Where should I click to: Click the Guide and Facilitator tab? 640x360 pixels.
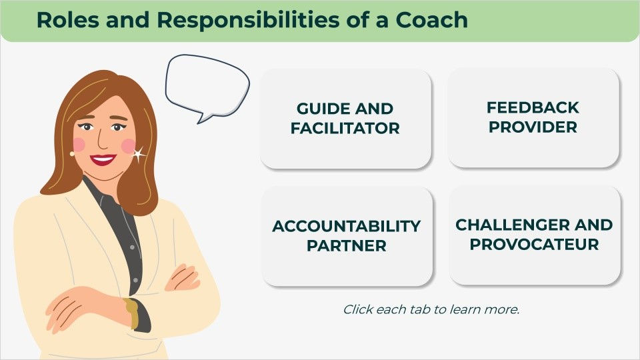click(345, 119)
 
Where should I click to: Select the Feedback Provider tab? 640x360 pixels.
click(533, 117)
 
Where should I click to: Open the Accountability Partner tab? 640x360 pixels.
click(347, 236)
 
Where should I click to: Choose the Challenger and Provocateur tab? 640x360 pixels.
click(534, 235)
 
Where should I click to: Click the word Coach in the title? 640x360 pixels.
click(432, 19)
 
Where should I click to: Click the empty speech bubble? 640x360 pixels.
click(207, 86)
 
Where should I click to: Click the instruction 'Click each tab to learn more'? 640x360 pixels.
click(431, 309)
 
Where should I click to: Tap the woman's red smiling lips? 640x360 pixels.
click(103, 159)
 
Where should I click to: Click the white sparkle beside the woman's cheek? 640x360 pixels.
click(138, 154)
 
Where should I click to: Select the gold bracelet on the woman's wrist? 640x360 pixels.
click(131, 313)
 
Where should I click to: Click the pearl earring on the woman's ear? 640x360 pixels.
click(72, 154)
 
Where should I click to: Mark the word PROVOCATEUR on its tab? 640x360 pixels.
click(534, 245)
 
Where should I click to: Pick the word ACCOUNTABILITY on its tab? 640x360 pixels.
click(347, 226)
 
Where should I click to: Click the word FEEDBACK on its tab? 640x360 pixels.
click(533, 108)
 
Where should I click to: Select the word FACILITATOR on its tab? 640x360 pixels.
click(345, 128)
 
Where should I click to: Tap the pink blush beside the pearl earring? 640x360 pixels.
click(79, 144)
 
